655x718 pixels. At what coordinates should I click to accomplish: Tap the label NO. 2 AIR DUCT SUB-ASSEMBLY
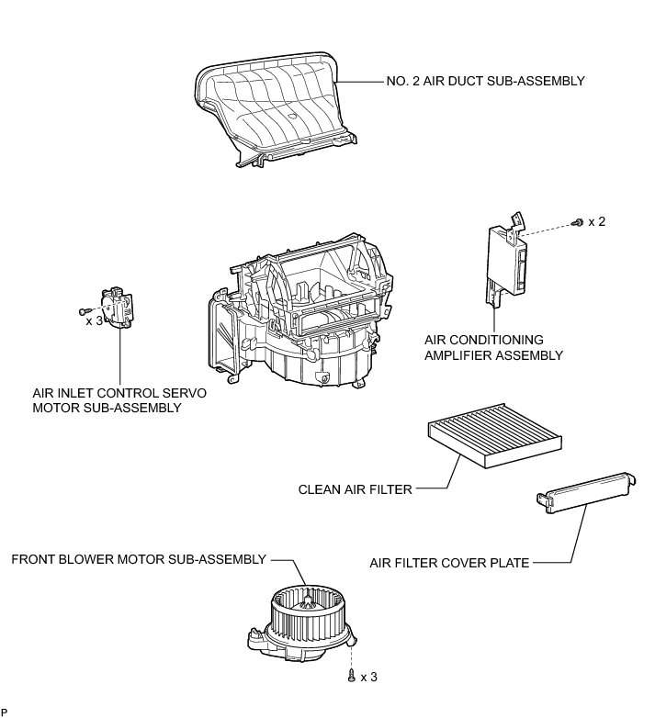pos(485,82)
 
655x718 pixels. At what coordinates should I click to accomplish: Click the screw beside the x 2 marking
pos(577,222)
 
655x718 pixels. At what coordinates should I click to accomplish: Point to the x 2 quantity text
pos(597,222)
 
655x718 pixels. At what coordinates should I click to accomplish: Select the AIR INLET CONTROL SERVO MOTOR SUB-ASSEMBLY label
pos(118,400)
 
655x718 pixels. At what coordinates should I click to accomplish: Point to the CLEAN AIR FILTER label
pos(356,489)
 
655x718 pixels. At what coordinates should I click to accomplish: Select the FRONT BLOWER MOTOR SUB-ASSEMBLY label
pos(138,559)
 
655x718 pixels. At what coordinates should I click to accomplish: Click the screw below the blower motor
pos(352,675)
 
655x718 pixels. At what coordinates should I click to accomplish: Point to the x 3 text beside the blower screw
pos(368,677)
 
